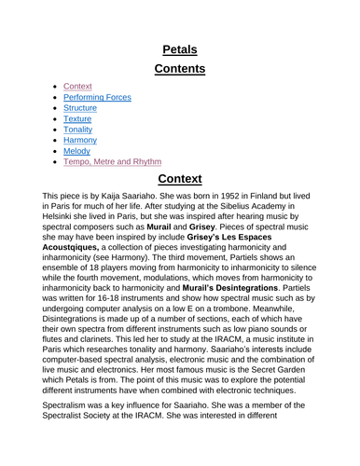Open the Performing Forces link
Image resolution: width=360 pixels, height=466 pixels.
pyautogui.click(x=97, y=96)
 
